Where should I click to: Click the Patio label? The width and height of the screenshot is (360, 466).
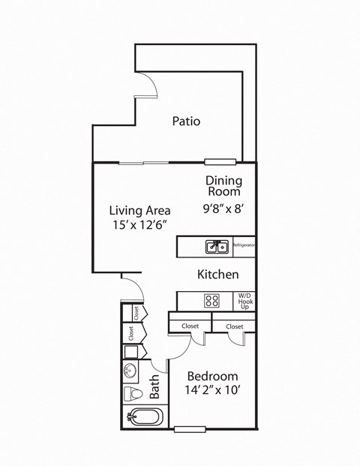click(186, 121)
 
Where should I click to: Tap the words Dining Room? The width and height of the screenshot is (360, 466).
click(223, 185)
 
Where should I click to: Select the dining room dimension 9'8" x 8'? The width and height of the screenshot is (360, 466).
click(223, 210)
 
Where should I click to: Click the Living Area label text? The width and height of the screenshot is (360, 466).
click(139, 210)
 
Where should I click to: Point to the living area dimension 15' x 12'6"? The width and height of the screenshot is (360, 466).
click(139, 225)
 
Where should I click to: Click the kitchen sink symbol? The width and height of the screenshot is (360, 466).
click(217, 246)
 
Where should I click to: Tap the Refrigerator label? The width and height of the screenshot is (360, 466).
click(244, 245)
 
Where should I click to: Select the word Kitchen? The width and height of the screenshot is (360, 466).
click(217, 275)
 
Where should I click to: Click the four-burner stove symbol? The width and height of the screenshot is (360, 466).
click(212, 301)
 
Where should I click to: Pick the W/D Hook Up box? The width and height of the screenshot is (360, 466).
click(244, 301)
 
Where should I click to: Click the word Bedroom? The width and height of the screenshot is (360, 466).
click(212, 376)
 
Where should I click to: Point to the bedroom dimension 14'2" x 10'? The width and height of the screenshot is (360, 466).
click(212, 391)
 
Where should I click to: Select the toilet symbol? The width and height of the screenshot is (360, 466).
click(133, 394)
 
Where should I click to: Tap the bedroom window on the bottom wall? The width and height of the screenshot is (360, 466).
click(190, 429)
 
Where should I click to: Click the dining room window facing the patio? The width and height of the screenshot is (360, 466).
click(220, 161)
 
